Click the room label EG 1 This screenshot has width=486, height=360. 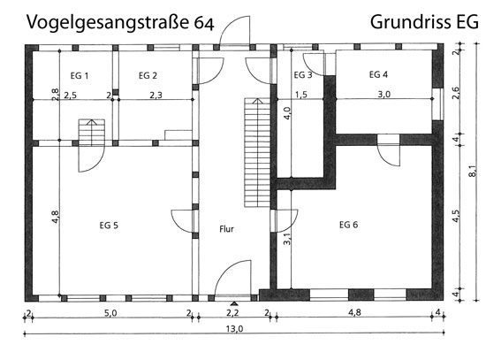pos(80,76)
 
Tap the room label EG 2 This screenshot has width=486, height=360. pos(148,76)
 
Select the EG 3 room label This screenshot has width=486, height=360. pos(303,75)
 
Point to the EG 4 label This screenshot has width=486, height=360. pos(378,74)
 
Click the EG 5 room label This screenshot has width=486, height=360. pos(109,226)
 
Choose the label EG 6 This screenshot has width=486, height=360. pos(349,225)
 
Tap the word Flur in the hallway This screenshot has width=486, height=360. pos(226,229)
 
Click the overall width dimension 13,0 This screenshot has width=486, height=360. pos(235,328)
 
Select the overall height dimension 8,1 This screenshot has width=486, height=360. pos(472,171)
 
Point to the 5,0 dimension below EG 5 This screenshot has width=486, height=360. pos(110,313)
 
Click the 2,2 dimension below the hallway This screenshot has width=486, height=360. pos(232,313)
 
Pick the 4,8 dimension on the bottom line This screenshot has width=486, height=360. pos(354,312)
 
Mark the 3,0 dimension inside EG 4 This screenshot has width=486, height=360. pos(384,95)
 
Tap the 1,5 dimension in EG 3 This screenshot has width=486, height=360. pos(301,95)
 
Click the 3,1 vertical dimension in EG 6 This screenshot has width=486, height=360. pos(287,239)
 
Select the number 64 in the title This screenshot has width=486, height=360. pos(204,23)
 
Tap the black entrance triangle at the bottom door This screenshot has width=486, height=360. pos(234,303)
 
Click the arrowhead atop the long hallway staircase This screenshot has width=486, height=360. pos(257,101)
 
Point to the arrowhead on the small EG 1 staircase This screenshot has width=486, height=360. pos(91,122)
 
